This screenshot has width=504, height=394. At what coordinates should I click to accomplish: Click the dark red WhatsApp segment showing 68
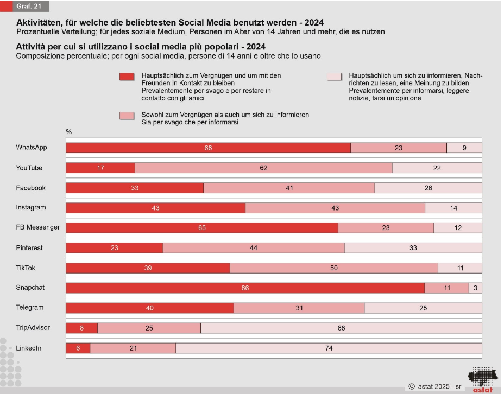coord(208,148)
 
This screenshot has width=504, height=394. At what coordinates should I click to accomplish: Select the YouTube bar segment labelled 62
coord(263,168)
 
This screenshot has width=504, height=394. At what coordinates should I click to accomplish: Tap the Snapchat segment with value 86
coord(245,288)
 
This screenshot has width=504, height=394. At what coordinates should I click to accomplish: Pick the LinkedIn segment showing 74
coord(329,348)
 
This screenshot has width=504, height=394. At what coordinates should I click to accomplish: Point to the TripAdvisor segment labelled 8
coord(82,328)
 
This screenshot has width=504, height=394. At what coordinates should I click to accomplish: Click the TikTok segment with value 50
coord(334,268)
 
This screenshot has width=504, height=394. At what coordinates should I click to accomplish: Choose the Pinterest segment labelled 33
coord(413,248)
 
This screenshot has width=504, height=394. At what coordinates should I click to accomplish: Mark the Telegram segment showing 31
coord(299,308)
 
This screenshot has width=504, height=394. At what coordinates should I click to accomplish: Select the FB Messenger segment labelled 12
coord(458,228)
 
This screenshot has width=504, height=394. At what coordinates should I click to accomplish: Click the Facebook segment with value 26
coord(428,188)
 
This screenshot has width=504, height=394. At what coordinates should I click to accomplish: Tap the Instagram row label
coord(31,208)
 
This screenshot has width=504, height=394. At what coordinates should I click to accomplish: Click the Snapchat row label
coord(30,288)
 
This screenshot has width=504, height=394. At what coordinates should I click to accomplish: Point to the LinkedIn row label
coord(29,348)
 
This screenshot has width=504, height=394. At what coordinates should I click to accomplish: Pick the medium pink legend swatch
coord(127,116)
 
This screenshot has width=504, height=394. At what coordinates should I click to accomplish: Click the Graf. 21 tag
coord(28,7)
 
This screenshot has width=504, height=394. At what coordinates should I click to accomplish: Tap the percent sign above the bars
coord(69,132)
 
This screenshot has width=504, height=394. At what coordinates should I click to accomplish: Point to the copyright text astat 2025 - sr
coord(435,387)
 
